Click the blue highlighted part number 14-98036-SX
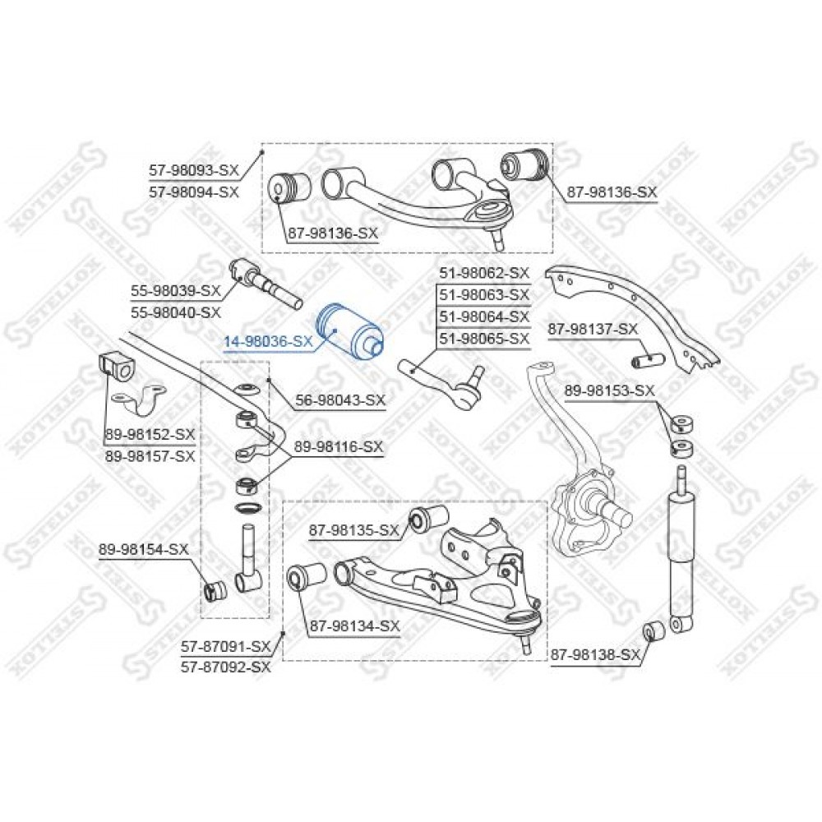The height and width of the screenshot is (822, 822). [268, 342]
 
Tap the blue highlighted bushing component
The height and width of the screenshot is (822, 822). [349, 333]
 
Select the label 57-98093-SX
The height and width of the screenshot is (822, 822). [194, 170]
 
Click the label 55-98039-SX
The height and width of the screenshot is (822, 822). [176, 290]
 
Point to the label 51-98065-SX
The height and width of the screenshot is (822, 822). [484, 339]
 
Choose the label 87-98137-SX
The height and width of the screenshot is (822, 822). [593, 330]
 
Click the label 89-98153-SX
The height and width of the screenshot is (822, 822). [610, 390]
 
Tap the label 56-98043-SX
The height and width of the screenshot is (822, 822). [340, 400]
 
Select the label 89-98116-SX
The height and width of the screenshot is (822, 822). [338, 447]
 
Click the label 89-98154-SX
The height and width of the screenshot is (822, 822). [143, 549]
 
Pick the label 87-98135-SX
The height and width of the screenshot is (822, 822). [353, 530]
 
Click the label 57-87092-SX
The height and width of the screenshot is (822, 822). [226, 667]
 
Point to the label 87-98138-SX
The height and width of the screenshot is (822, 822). [595, 655]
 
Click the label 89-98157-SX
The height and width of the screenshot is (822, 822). [150, 456]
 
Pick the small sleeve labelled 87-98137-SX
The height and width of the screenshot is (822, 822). [649, 361]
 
